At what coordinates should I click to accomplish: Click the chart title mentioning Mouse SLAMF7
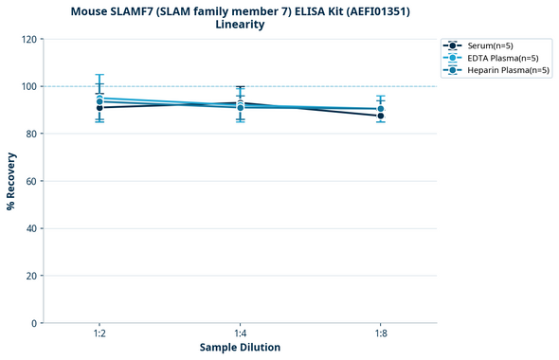click(240, 11)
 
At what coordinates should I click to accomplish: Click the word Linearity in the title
click(240, 25)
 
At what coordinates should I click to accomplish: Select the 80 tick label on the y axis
click(31, 134)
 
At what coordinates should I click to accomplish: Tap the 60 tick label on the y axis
click(31, 181)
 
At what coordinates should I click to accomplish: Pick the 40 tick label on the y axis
click(31, 228)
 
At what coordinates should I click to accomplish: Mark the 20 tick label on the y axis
click(31, 276)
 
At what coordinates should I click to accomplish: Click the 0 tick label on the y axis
click(34, 323)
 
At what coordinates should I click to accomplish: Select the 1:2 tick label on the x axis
click(99, 333)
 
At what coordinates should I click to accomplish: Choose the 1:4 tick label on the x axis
click(240, 333)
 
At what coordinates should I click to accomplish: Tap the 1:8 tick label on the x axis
click(380, 333)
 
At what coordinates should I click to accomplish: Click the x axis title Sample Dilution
click(240, 348)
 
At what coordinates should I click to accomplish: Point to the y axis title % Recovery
click(11, 181)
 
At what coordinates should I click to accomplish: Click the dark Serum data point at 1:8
click(380, 116)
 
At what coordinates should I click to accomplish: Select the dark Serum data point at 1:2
click(99, 108)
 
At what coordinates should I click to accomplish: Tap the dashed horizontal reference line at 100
click(313, 86)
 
